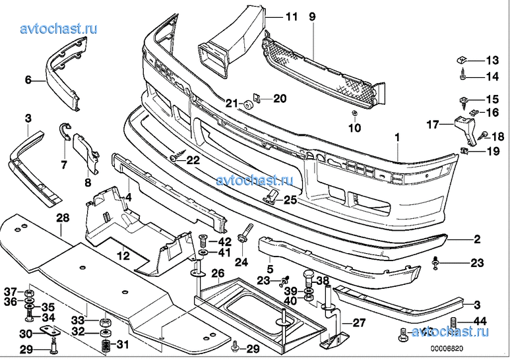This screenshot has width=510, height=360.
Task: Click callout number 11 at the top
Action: click(x=292, y=16)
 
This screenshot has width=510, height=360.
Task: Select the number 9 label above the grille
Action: click(x=312, y=16)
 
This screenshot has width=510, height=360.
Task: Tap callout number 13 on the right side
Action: click(x=492, y=60)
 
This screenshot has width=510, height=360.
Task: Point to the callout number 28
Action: click(x=63, y=218)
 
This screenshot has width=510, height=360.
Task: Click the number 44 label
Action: click(x=480, y=321)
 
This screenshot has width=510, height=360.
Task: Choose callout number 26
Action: click(x=218, y=274)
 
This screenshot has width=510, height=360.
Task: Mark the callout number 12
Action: click(x=123, y=255)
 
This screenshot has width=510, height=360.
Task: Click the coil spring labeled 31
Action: click(x=106, y=346)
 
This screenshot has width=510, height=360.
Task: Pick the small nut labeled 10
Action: click(x=354, y=113)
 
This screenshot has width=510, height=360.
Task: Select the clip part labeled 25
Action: click(x=271, y=196)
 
